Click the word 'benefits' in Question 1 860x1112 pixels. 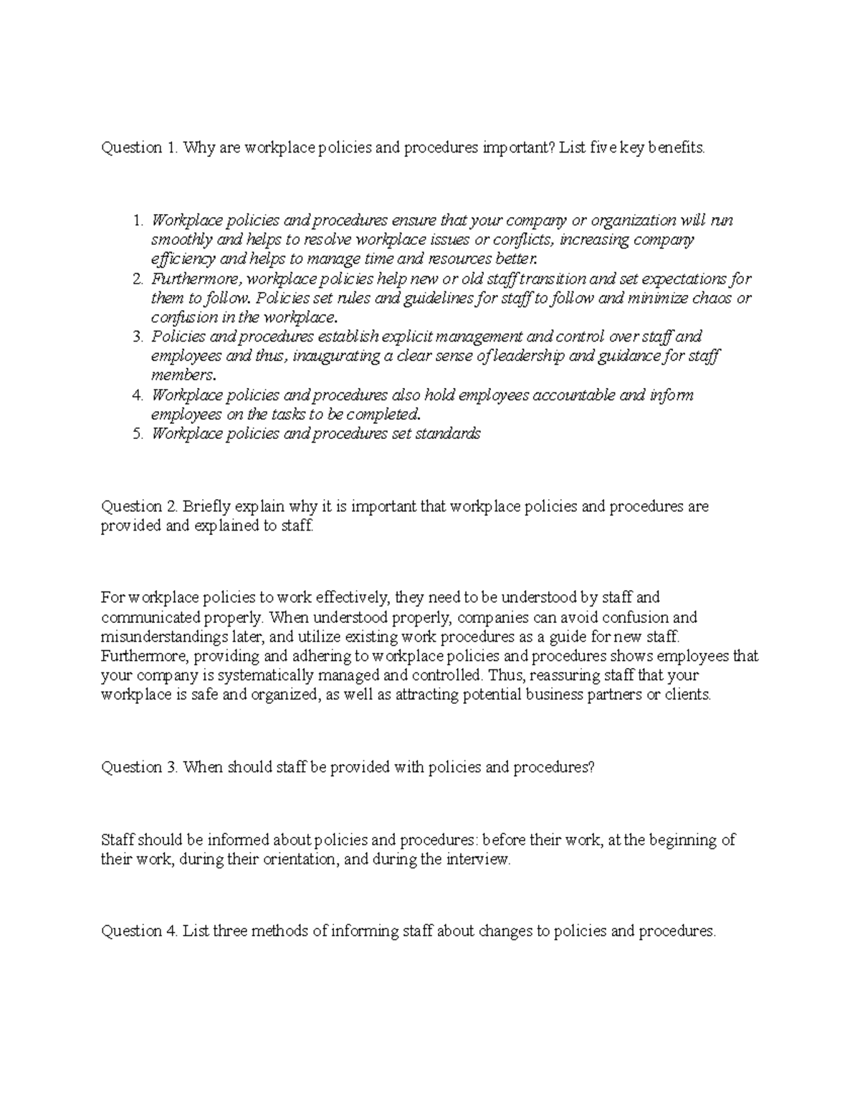pyautogui.click(x=676, y=148)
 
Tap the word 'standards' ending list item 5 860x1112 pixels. pyautogui.click(x=449, y=434)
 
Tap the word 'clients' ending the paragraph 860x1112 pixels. pyautogui.click(x=688, y=695)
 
